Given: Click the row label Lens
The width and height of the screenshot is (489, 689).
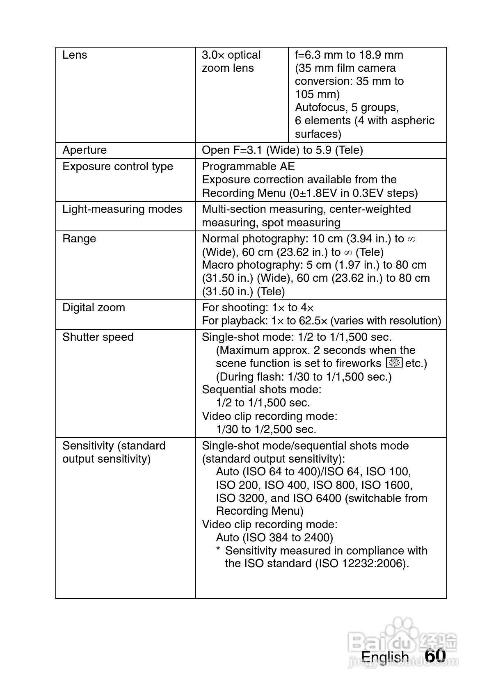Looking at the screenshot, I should pos(75,55).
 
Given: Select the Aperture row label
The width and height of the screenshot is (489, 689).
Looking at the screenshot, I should pos(85,150).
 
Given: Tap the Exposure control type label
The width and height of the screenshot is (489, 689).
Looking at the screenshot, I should pos(118,167).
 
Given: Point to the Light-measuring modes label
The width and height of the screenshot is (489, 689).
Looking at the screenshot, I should pos(122,209).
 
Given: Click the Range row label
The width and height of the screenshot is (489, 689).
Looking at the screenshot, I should pos(79,239).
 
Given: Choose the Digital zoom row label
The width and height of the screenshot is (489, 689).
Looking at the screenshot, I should pos(94,308).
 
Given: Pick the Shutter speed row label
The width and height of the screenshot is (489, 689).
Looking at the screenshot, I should pos(98,337).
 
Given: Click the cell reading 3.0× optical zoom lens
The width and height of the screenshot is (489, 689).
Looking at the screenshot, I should pos(231,62).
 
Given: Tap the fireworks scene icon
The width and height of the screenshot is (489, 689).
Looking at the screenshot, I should pos(394,363).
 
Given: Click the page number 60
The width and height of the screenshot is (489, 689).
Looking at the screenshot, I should pos(435,656).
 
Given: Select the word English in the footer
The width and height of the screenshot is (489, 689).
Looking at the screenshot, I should pos(385,657).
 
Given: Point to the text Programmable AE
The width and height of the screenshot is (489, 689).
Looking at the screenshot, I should pos(248,167).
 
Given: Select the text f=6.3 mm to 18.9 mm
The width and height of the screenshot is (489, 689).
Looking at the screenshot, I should pos(349,55).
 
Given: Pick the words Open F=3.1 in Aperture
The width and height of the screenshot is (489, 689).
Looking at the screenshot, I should pos(232,150).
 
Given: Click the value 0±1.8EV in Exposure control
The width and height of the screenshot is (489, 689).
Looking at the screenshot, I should pos(315,193).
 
